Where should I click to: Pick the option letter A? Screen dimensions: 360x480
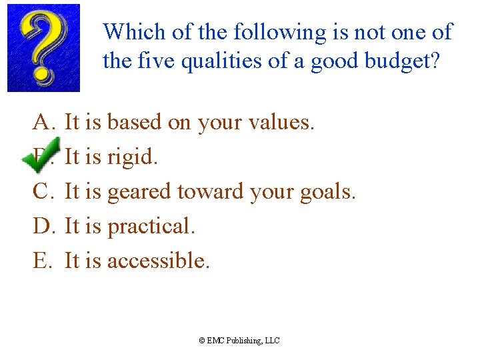pyautogui.click(x=41, y=122)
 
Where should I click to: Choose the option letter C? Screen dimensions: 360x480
pyautogui.click(x=41, y=191)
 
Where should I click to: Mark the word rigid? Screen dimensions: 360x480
pyautogui.click(x=132, y=157)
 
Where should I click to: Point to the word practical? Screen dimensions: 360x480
pyautogui.click(x=151, y=227)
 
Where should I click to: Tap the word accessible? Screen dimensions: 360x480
pyautogui.click(x=158, y=261)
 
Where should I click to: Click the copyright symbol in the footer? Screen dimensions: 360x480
pyautogui.click(x=202, y=341)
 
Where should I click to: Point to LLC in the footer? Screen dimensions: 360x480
pyautogui.click(x=273, y=341)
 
